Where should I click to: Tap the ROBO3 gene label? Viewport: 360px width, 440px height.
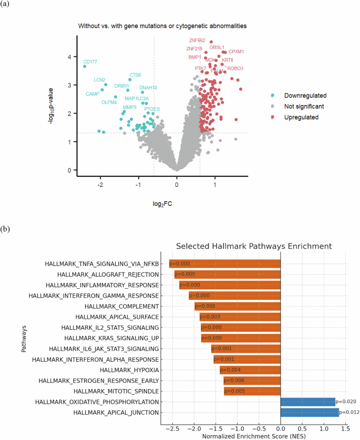[x=235, y=68]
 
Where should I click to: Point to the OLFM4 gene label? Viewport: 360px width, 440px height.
[x=110, y=102]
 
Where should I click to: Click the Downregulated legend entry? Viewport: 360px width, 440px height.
[x=305, y=96]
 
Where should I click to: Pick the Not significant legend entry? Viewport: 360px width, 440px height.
[x=304, y=107]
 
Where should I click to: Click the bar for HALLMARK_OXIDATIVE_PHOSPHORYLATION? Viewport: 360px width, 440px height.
[x=307, y=402]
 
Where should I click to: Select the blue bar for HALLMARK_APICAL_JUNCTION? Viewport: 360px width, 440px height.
[x=310, y=412]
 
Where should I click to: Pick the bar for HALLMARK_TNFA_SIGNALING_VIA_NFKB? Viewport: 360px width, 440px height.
[x=225, y=264]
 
